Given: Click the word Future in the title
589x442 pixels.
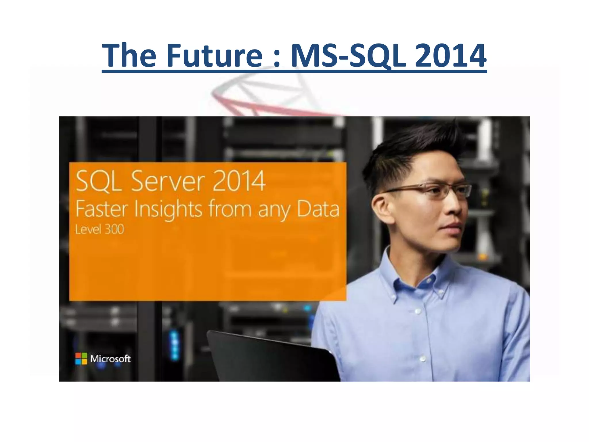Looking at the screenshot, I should pos(214,55).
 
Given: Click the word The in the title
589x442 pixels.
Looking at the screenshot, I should pos(129,55).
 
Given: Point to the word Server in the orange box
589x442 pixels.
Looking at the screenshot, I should pos(168,181).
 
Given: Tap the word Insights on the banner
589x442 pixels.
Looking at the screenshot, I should pos(168,209).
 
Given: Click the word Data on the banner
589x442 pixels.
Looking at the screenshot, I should pos(318,209).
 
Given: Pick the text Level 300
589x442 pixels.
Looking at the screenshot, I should pos(100,229).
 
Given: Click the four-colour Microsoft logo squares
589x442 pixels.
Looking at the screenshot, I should pos(81,359).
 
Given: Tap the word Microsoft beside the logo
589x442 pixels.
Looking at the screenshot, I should pos(110,359).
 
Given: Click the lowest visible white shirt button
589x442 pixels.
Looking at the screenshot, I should pos(423,359).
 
